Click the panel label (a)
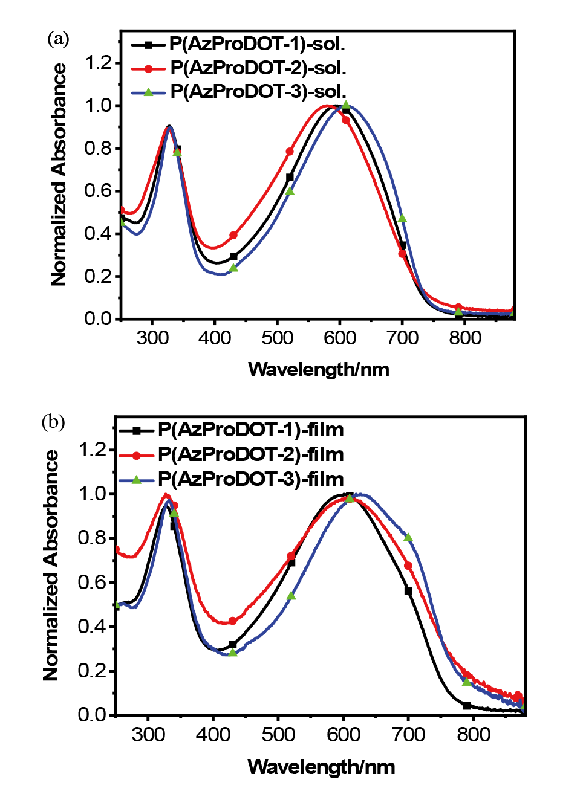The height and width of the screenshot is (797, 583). coord(58,39)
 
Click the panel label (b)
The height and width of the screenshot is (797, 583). coord(53,422)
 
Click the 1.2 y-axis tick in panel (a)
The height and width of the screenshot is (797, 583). coord(99,62)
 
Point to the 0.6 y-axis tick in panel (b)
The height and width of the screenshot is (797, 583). coord(92,582)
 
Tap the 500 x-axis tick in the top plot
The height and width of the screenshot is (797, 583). coord(278,337)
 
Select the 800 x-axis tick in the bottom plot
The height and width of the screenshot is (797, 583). coord(474,734)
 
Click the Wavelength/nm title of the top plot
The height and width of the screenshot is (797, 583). coord(319,369)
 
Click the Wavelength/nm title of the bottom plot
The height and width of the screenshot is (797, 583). coord(321,767)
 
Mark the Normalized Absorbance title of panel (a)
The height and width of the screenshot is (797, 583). coord(59,175)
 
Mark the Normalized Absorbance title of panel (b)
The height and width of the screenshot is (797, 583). coord(51,566)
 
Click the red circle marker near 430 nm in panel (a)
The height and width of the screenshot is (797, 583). coord(233,235)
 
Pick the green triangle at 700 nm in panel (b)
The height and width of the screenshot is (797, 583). coord(408,537)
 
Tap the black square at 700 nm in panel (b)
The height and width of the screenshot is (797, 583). coord(408,590)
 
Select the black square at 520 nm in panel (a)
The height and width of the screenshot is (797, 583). coord(290,177)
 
